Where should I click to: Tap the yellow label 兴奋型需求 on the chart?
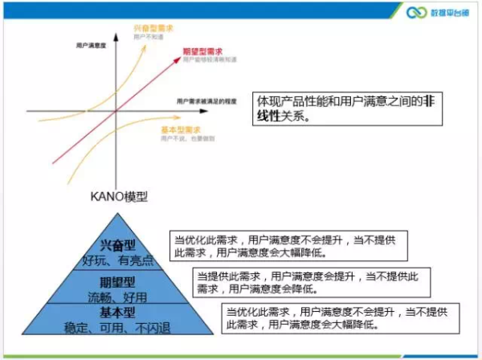point(154,28)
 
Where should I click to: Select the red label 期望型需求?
point(204,51)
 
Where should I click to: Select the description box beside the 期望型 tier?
point(309,281)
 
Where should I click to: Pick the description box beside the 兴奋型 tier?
point(289,244)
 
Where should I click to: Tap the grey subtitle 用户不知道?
point(149,37)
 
